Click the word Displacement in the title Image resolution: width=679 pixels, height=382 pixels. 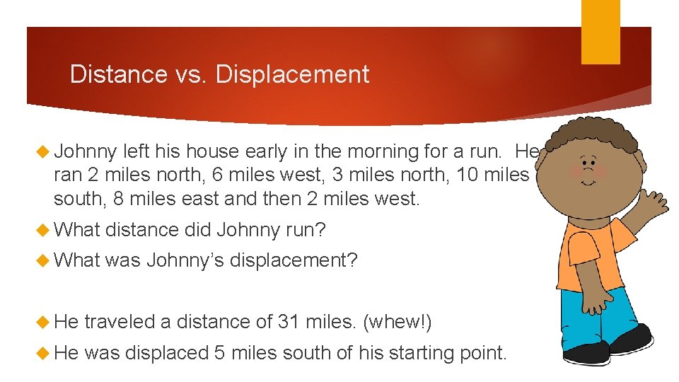pos(292,74)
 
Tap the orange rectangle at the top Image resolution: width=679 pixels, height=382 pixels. pos(600,32)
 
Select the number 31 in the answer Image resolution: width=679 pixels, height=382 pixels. pos(289,322)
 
